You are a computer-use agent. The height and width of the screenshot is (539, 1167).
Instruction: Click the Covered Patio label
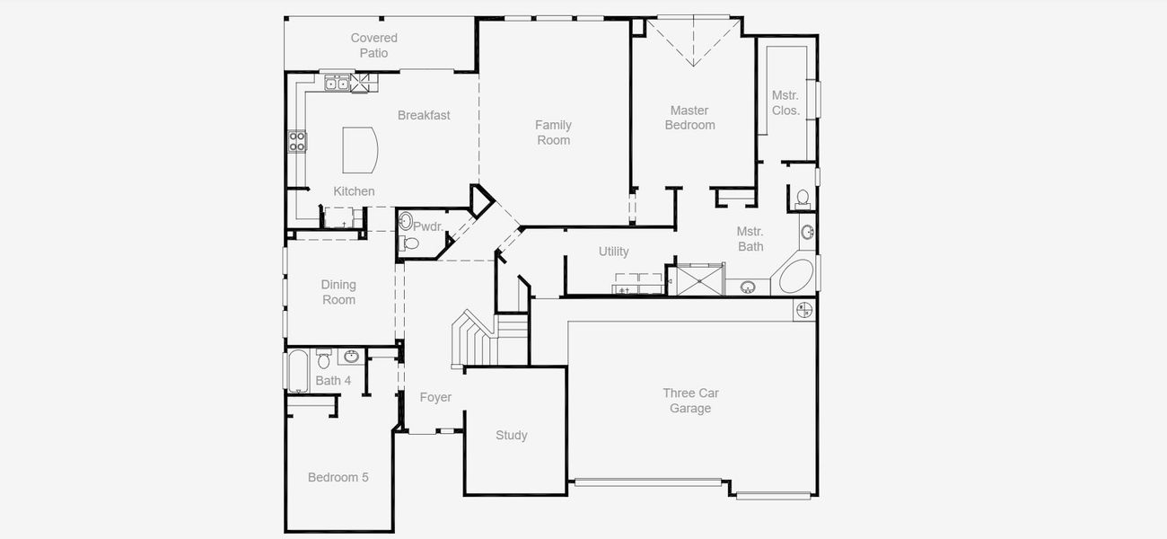point(373,45)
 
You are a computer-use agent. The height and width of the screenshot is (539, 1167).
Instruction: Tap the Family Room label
point(553,132)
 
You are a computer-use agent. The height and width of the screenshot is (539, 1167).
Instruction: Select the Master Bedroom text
point(689,118)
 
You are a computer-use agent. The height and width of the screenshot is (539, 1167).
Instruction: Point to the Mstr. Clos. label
point(785,102)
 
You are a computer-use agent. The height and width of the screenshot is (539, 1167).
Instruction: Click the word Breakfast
point(424,115)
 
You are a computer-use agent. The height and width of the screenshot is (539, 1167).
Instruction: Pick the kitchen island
point(359,149)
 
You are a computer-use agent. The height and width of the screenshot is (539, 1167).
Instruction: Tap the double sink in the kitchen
point(337,84)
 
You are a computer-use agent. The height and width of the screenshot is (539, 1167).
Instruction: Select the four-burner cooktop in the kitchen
point(297,140)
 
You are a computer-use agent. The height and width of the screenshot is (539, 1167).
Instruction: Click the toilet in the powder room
point(410,243)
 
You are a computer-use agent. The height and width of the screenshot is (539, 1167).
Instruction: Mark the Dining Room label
point(338,292)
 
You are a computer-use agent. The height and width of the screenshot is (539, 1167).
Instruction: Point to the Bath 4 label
point(333,381)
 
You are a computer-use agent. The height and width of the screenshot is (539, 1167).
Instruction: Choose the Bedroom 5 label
point(338,477)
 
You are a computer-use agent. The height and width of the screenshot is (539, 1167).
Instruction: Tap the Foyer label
point(435,397)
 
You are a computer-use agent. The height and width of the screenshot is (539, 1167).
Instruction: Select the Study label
point(512,435)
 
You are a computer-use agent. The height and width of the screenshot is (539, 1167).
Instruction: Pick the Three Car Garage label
point(690,401)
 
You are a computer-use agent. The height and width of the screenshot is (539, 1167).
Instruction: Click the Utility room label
point(614,252)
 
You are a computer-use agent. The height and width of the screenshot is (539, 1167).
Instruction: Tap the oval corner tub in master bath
point(796,276)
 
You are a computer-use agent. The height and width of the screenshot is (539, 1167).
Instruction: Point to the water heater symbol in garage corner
point(803,310)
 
